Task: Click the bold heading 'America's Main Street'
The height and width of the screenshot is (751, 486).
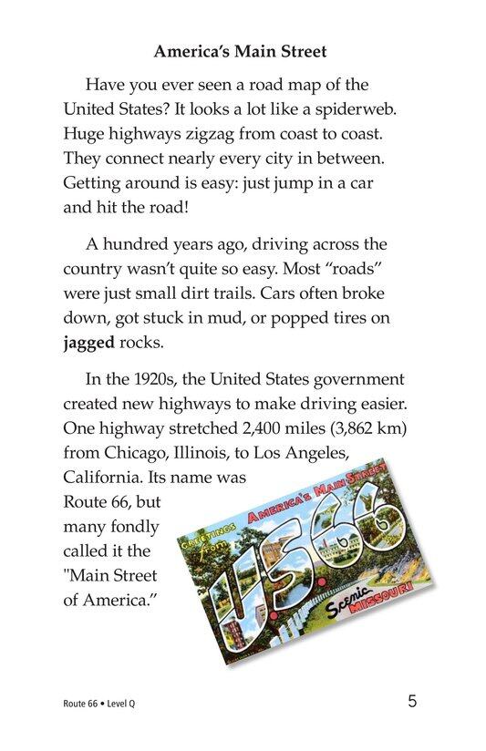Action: tap(242, 53)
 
